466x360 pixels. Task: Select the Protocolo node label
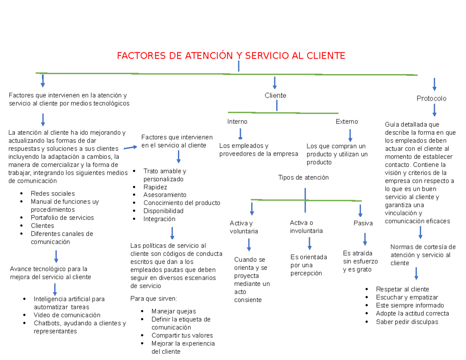431,99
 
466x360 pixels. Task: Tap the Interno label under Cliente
237,122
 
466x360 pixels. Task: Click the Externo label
347,122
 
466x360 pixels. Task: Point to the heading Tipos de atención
303,177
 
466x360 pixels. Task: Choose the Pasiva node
363,223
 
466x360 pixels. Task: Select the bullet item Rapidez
155,187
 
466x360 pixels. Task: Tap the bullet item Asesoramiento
165,195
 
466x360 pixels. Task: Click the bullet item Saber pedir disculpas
407,322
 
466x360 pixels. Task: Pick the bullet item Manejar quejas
174,311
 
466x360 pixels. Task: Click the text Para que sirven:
153,299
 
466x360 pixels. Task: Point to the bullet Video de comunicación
67,315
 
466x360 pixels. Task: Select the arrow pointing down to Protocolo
434,84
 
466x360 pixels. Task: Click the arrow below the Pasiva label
364,238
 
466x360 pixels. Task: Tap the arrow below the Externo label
350,135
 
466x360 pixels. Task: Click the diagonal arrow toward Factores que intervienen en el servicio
130,148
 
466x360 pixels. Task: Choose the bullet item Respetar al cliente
402,289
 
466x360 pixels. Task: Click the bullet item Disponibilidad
163,211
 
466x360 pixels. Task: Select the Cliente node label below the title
275,95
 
